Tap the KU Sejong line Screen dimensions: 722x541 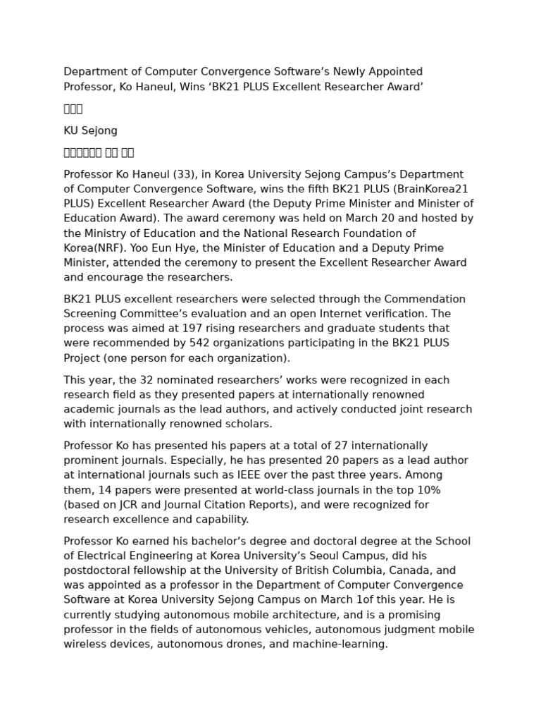90,130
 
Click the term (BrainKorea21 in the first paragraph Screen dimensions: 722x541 434,189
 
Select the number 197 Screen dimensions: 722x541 192,329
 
